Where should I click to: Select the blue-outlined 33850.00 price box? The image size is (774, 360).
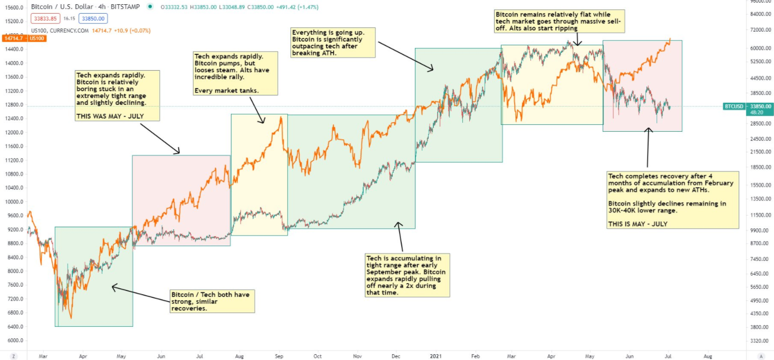[x=93, y=18]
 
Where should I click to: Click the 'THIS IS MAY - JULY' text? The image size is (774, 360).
[x=637, y=223]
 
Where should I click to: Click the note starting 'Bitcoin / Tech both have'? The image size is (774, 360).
[x=212, y=301]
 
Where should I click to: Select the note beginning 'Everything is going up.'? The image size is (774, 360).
[x=332, y=43]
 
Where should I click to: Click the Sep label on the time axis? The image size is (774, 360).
[x=279, y=356]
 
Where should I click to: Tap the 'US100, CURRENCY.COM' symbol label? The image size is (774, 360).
[x=60, y=31]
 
